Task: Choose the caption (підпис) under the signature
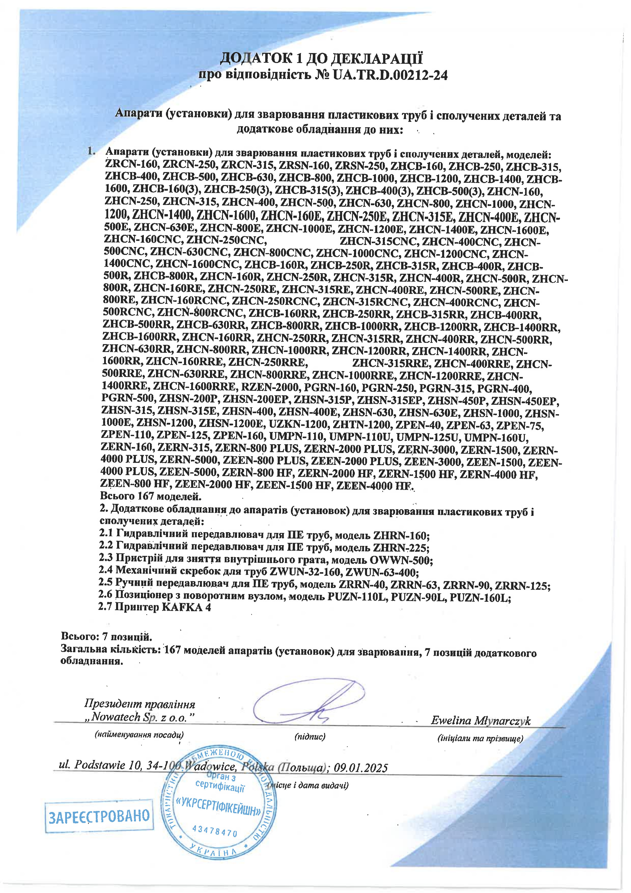point(310,736)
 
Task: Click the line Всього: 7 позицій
point(106,637)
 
